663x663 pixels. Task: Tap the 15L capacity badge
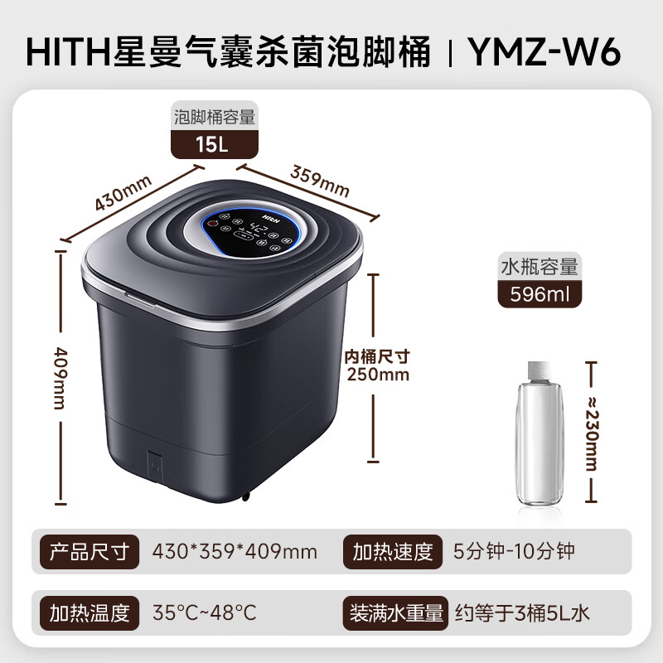point(213,144)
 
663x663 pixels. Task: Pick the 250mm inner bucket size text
point(378,374)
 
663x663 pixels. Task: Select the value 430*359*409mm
point(235,551)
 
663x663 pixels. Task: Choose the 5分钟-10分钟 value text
point(514,551)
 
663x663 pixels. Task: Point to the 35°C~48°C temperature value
point(205,613)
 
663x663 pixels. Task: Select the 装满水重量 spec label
point(395,613)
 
